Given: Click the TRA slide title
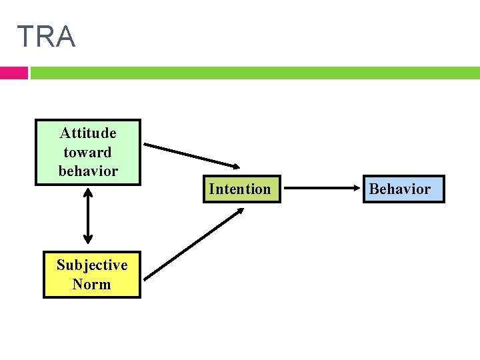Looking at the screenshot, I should (x=46, y=37).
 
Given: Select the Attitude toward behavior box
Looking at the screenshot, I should (x=87, y=152).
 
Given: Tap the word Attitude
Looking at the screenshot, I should (x=87, y=133).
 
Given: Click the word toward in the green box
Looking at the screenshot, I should (x=87, y=152).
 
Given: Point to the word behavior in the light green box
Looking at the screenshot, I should (x=87, y=171).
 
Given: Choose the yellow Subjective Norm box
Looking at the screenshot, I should (x=92, y=275).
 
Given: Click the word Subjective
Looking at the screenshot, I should (x=92, y=265).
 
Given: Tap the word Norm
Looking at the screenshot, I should (x=92, y=284).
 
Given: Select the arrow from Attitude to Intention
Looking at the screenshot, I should (x=193, y=155).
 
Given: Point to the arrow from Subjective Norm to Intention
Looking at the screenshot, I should (x=193, y=244).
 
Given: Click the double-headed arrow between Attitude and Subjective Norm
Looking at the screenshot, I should (x=87, y=215).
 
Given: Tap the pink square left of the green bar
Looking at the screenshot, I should (x=13, y=73).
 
